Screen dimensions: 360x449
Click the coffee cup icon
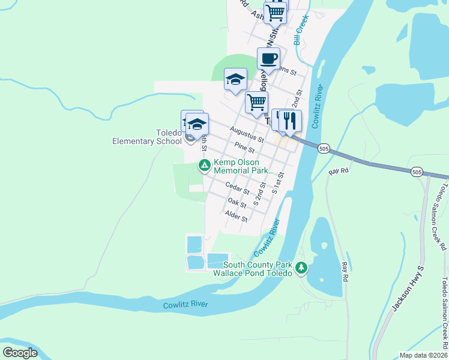(x=268, y=59)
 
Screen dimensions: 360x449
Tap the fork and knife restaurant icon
(x=291, y=120)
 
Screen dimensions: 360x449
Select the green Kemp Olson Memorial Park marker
(x=204, y=164)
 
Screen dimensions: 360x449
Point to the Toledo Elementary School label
(x=146, y=137)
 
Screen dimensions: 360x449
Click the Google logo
(x=20, y=353)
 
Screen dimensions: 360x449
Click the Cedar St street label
(x=237, y=188)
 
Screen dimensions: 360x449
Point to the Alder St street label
(x=236, y=216)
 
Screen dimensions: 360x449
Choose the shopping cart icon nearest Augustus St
(x=256, y=103)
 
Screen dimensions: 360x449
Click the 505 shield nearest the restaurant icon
(x=324, y=148)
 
